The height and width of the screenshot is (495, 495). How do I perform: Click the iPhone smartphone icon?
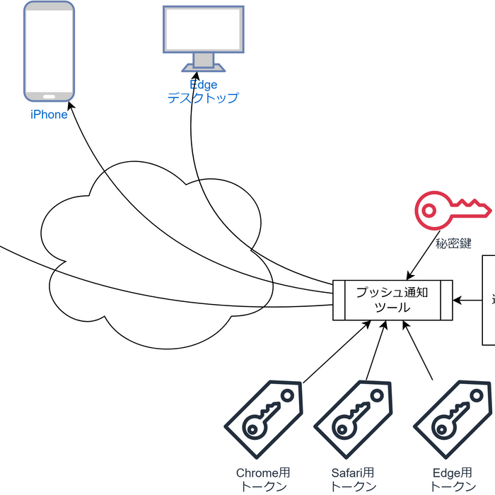click(49, 52)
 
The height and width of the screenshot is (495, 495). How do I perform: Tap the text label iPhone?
click(49, 115)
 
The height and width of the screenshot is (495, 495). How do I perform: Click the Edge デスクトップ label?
click(203, 92)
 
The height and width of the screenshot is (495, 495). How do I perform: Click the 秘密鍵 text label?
click(453, 243)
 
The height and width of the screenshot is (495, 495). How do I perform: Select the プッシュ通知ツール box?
click(392, 301)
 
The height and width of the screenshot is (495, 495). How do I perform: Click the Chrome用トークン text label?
click(263, 479)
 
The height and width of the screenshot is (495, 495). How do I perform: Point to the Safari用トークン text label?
click(354, 479)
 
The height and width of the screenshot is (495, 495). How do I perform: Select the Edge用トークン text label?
click(453, 479)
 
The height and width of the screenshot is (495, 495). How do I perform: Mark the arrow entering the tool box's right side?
click(467, 301)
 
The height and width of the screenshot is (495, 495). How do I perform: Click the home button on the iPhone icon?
click(49, 97)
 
